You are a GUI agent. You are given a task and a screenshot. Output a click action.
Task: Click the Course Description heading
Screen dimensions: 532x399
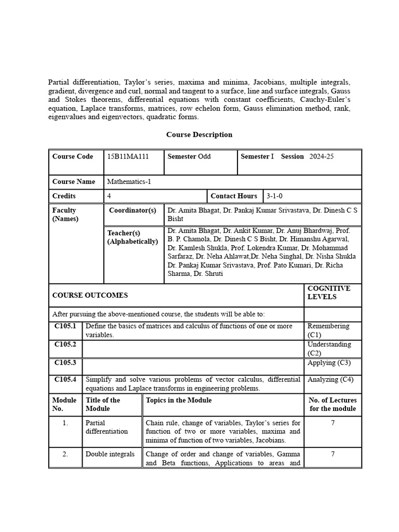(x=199, y=135)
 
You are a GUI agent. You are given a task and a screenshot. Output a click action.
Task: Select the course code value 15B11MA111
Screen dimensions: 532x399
(x=128, y=156)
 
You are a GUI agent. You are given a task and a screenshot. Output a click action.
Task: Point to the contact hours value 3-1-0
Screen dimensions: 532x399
(x=274, y=196)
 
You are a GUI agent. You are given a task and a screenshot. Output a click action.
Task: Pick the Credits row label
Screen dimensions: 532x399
(x=64, y=196)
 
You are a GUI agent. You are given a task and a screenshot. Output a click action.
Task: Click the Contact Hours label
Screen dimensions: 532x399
(x=234, y=196)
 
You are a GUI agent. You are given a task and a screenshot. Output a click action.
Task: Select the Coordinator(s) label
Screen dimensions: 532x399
(x=132, y=210)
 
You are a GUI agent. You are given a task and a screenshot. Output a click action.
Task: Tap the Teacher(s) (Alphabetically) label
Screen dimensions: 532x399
(x=132, y=237)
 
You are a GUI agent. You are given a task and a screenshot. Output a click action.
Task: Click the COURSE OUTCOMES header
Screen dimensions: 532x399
(x=90, y=295)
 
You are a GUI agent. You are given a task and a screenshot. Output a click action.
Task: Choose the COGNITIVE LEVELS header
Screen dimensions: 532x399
(x=328, y=292)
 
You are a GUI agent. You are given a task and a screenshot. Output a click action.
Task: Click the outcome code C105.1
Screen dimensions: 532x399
(x=65, y=326)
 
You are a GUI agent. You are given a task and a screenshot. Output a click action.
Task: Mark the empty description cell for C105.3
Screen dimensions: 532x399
(x=193, y=366)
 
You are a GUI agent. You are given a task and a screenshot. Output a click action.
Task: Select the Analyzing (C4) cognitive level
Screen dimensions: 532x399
(x=330, y=380)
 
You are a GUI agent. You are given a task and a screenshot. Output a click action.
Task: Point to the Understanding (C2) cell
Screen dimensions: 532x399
(x=329, y=349)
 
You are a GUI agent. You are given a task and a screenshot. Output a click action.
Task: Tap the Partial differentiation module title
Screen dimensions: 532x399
(x=107, y=427)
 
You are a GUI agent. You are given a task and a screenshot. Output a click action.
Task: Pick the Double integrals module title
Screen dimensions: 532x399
(x=110, y=454)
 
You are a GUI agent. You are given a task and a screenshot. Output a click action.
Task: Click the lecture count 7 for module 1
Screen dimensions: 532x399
(x=332, y=423)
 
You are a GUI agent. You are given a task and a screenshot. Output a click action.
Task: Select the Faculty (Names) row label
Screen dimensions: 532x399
(x=65, y=215)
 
